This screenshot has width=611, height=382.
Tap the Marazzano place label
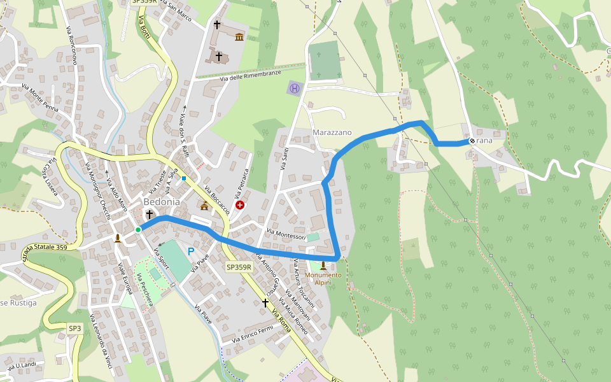coord(332,132)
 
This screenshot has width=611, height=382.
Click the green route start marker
coord(138,230)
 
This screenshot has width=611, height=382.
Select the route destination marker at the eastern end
coord(472,141)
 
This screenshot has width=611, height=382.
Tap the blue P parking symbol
coord(190,251)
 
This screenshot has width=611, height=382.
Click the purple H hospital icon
coord(294,88)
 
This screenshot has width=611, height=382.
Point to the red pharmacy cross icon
coord(240,205)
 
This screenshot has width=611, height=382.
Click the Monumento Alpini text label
coord(323,278)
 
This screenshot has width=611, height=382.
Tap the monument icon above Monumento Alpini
coord(323,265)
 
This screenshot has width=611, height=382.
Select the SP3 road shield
coord(75,328)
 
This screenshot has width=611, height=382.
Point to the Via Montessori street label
coord(286,235)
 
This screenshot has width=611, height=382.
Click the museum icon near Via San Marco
coord(239,37)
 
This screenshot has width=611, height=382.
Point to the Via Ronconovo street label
coord(71,46)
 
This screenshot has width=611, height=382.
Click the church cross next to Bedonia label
coord(150,215)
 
